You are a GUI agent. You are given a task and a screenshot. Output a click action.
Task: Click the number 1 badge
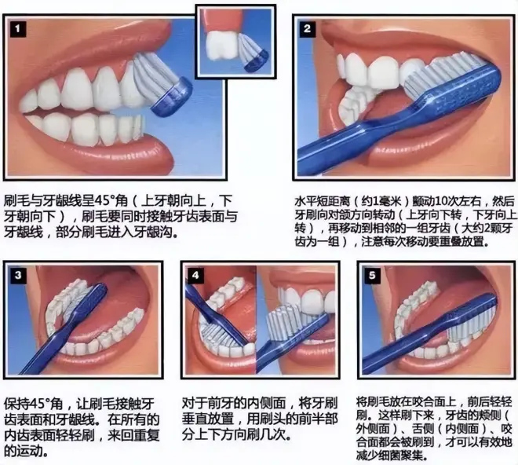(x=17, y=29)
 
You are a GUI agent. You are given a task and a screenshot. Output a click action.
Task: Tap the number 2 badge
(x=308, y=29)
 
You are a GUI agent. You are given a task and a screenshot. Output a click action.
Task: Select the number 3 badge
(x=18, y=274)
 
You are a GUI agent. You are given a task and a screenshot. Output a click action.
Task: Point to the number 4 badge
(x=195, y=275)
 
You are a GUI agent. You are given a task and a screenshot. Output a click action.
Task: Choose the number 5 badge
(x=372, y=275)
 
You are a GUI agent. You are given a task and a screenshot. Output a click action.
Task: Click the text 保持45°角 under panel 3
(x=33, y=405)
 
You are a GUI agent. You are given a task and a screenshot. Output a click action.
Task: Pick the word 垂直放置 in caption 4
(x=208, y=419)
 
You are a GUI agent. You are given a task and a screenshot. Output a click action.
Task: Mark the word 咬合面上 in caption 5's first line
(x=430, y=402)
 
